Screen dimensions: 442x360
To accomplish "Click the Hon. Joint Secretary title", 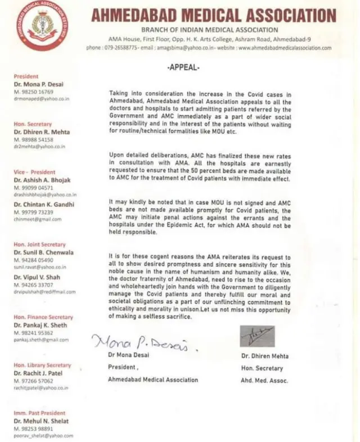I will [39, 245].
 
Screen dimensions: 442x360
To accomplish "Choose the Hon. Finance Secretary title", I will [43, 317].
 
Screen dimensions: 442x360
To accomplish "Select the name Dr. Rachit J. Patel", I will [38, 373].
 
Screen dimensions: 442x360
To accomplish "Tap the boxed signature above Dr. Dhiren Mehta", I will [257, 336].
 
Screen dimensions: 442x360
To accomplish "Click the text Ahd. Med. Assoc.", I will [264, 381].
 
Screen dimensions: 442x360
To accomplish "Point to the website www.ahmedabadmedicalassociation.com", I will [285, 48].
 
